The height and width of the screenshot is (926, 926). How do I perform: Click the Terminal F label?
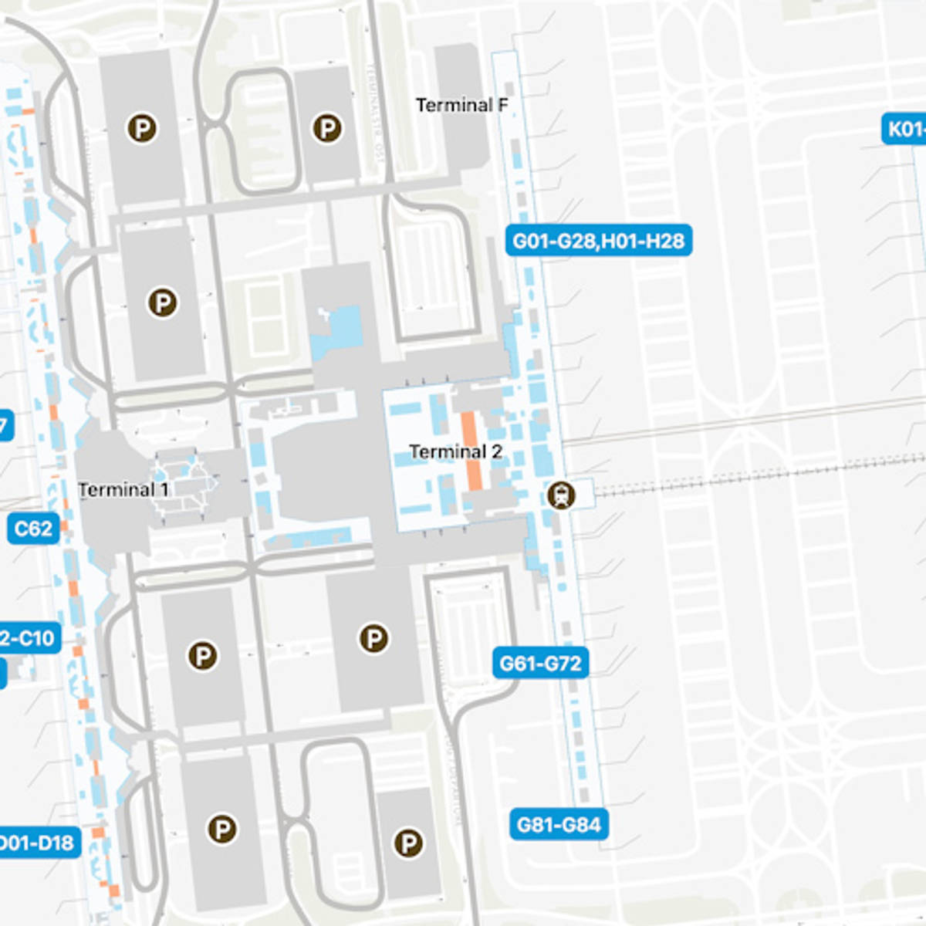coord(461,105)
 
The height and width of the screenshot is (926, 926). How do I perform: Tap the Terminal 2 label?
coord(455,451)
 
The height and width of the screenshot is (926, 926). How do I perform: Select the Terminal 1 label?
coord(123,489)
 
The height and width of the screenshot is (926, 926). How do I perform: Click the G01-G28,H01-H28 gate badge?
coord(598,241)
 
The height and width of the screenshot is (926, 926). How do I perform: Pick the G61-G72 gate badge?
coord(540,663)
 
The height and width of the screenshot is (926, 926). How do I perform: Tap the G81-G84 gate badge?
coord(559,825)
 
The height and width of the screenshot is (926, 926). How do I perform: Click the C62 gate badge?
coord(33,529)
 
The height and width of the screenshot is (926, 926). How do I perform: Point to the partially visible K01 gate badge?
coord(904,129)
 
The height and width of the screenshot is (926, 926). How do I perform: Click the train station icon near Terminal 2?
coord(561,495)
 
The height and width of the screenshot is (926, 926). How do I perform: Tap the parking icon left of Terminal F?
coord(326,128)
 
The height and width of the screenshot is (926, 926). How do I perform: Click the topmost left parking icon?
coord(142,128)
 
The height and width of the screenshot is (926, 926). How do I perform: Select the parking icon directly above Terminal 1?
coord(163,302)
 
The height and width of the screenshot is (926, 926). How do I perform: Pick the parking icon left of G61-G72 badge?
coord(373,638)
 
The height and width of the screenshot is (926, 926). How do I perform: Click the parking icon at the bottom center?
coord(408,843)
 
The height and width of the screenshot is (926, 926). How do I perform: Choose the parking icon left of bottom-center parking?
coord(221,830)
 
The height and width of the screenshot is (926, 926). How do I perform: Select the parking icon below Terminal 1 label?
coord(202,656)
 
